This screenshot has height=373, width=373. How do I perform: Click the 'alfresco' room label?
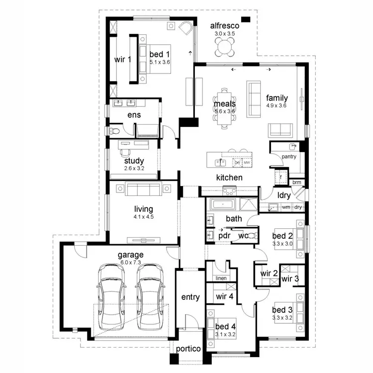225,25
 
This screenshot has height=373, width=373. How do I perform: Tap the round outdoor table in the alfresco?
225,47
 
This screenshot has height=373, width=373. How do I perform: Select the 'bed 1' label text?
160,54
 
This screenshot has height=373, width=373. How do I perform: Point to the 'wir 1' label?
123,59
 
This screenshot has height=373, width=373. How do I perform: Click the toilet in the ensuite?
114,130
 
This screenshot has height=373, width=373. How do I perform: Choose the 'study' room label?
134,161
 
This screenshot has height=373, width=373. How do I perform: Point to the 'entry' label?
190,297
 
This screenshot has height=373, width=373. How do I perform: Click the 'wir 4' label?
225,296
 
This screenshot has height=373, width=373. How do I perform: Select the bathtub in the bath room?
224,204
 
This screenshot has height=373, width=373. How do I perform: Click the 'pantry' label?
289,157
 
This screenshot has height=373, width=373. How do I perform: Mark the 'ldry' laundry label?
284,195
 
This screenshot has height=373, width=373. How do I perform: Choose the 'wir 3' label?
290,279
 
